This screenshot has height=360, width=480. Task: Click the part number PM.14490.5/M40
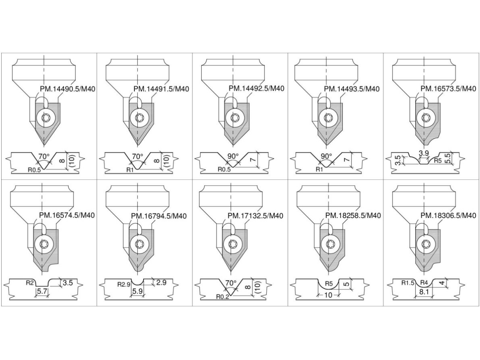[68, 89]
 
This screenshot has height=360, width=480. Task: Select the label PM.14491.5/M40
[161, 89]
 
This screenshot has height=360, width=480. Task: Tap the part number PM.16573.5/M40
[448, 88]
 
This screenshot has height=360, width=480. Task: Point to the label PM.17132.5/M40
[256, 216]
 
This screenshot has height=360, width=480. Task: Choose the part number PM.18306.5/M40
[448, 216]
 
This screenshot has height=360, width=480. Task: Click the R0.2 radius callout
[222, 297]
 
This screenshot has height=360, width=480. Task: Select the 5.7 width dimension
[42, 291]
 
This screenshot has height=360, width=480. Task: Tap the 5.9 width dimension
[137, 291]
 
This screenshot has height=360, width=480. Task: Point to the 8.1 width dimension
[424, 292]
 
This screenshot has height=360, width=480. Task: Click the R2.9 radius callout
[124, 284]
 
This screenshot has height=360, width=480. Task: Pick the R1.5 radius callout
[408, 283]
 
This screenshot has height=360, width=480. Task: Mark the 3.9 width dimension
[424, 153]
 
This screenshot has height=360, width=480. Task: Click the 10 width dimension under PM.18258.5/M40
[328, 295]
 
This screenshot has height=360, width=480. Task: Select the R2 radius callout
[30, 283]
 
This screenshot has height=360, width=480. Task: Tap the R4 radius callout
[424, 283]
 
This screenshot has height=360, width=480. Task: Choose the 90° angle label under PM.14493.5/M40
[326, 156]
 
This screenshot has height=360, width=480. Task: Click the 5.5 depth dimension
[448, 158]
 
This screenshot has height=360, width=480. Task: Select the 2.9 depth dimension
[161, 282]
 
